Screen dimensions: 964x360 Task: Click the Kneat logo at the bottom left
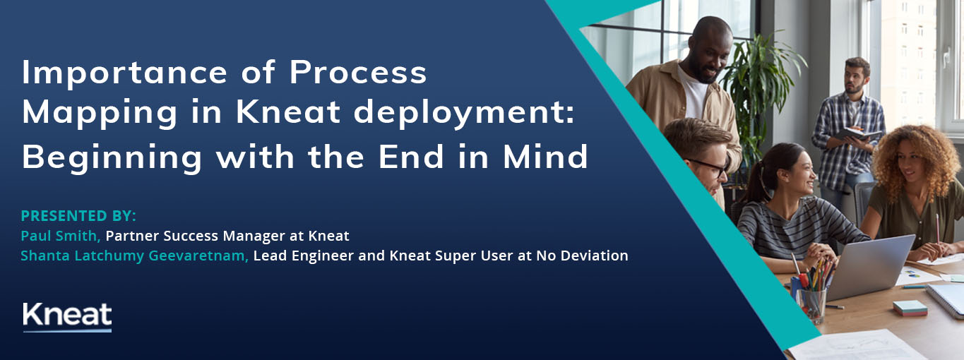[x=67, y=317]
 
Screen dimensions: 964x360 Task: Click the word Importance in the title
[x=125, y=72]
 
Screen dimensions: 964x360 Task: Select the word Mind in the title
[x=545, y=157]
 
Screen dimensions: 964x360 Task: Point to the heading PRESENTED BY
[x=78, y=216]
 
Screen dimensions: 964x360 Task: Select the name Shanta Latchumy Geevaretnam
[x=135, y=256]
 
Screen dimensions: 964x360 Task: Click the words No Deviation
[x=582, y=256]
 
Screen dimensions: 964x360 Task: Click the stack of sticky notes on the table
[x=910, y=308]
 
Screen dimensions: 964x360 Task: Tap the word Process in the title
[x=358, y=72]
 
